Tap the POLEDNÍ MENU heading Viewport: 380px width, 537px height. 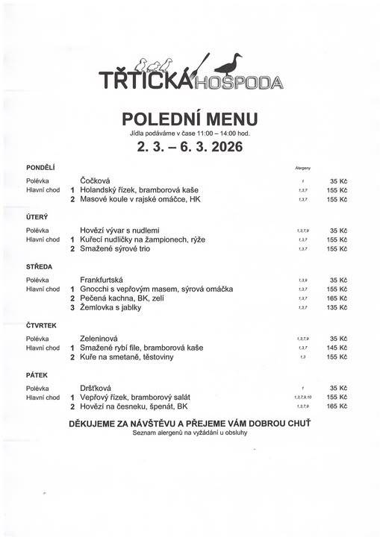click(x=190, y=119)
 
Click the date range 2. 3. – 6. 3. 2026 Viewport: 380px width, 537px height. click(x=190, y=147)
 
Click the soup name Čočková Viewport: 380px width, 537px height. click(x=96, y=180)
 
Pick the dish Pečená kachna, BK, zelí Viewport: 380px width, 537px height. click(x=125, y=298)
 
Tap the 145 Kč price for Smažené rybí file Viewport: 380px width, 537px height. click(x=338, y=348)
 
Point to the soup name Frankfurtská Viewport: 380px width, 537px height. click(x=104, y=279)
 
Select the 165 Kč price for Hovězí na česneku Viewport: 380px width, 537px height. click(x=338, y=406)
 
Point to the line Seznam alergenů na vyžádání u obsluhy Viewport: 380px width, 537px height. click(x=190, y=433)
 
